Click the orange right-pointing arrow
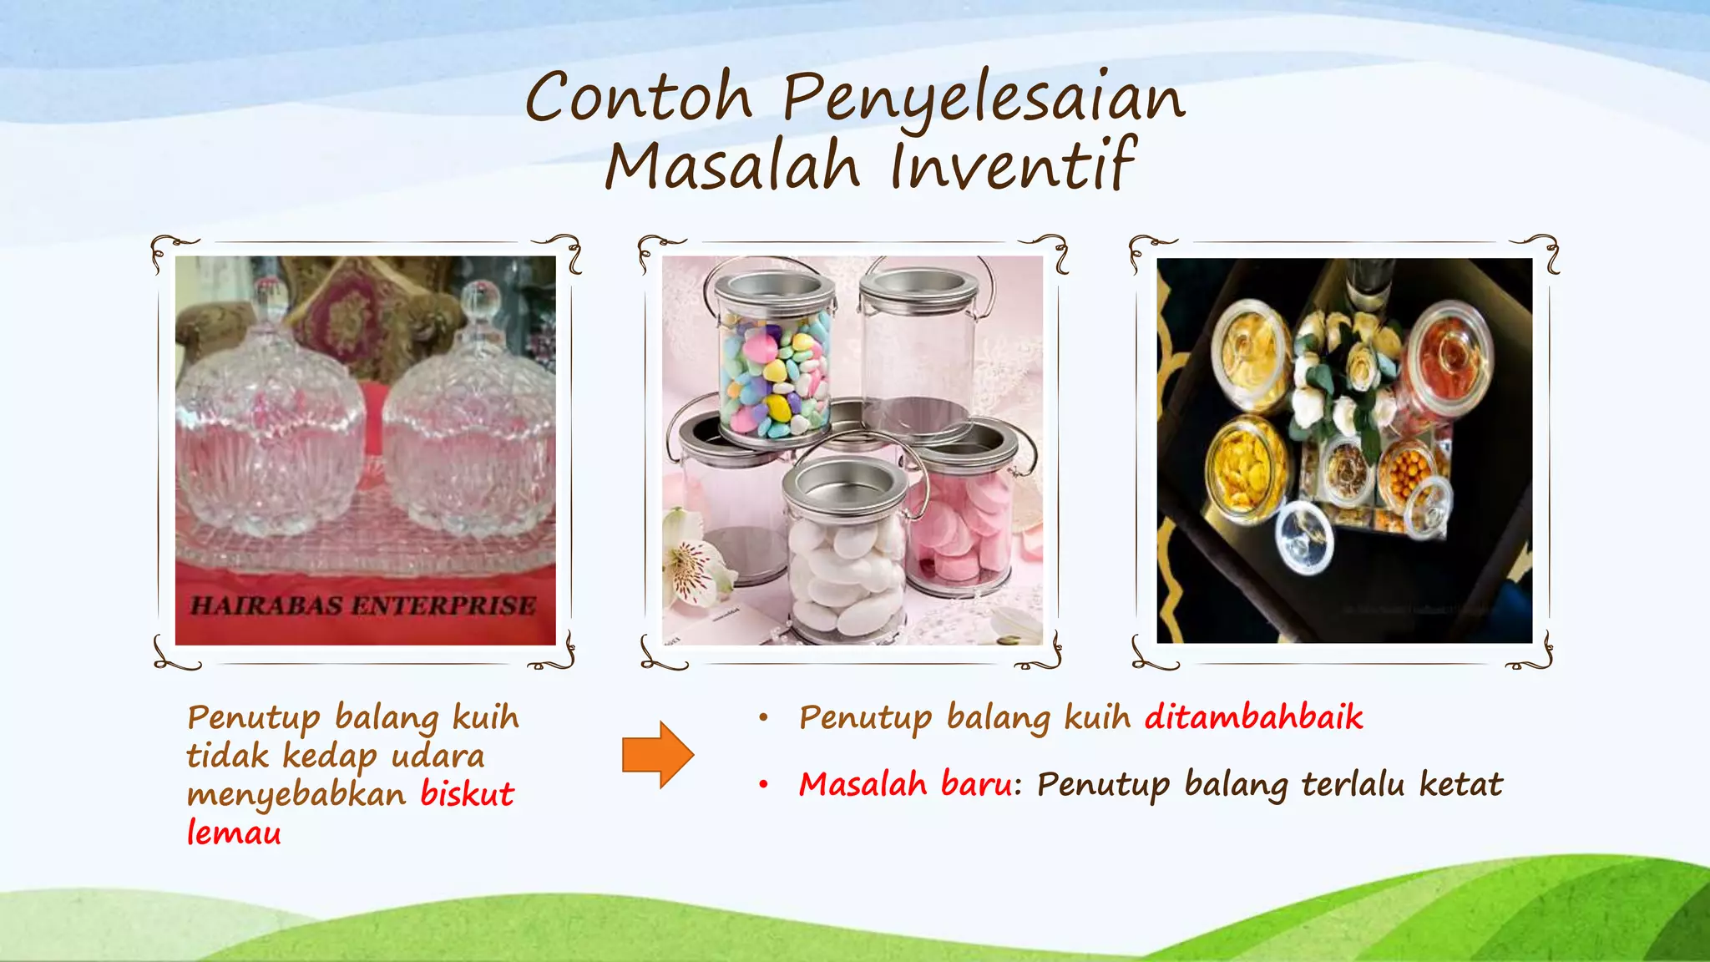click(658, 755)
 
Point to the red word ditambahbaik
click(1253, 717)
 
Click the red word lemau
click(234, 833)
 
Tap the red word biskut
click(467, 794)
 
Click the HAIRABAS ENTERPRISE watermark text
click(363, 605)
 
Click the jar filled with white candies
click(846, 568)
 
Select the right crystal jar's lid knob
click(480, 298)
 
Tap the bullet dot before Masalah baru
click(763, 785)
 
